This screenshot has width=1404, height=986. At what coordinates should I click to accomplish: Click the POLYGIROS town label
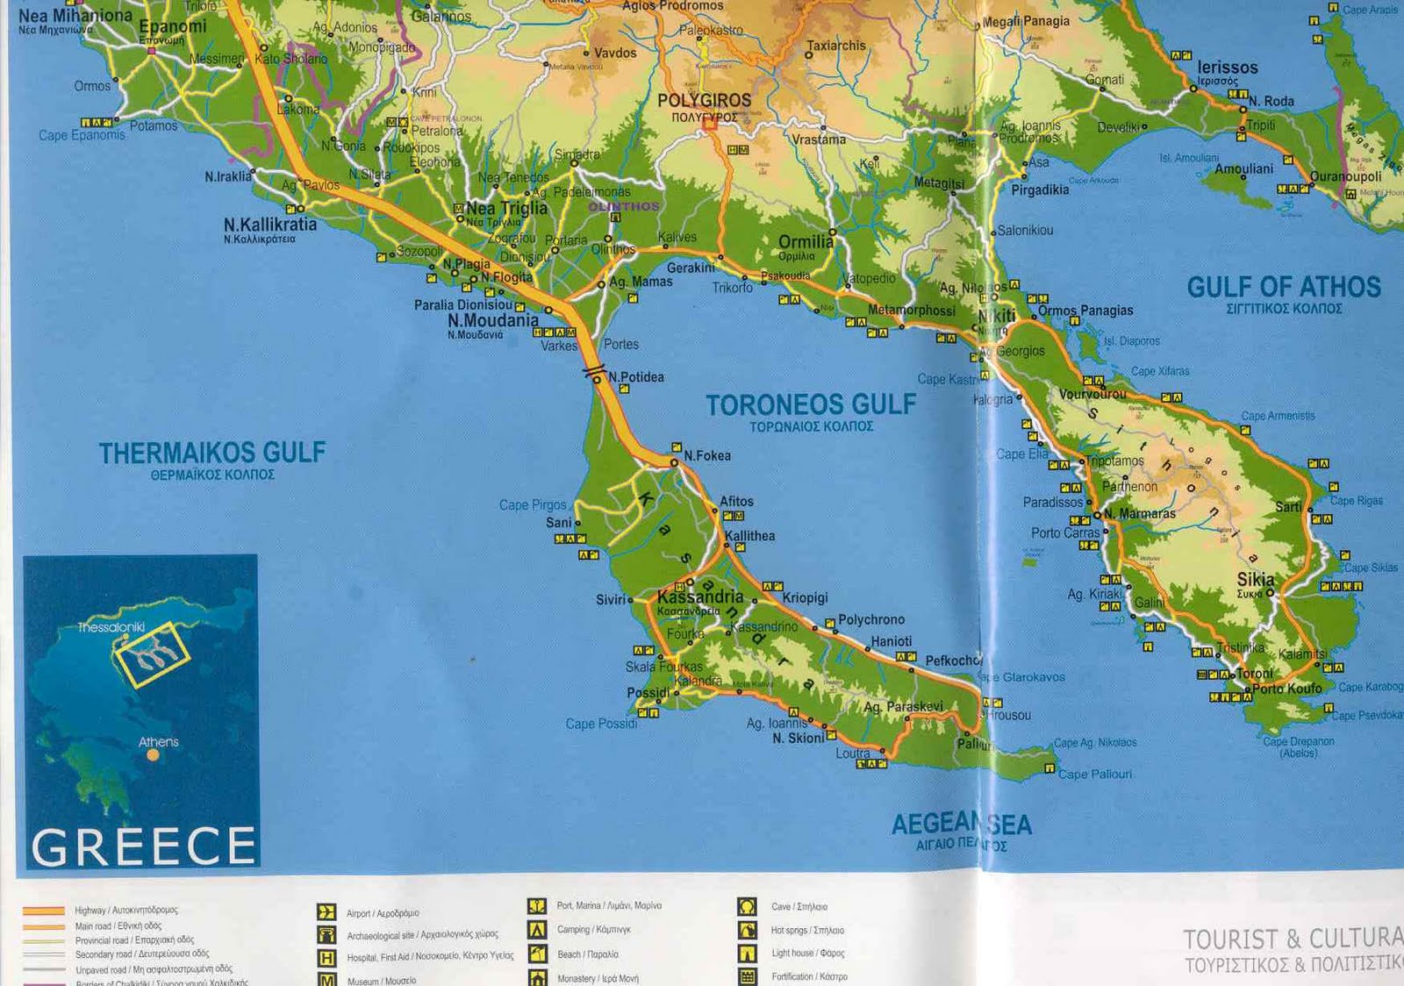tap(704, 101)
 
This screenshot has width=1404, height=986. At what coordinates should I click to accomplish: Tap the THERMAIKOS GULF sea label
tap(211, 453)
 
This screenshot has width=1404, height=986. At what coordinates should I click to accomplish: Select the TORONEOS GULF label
tap(810, 404)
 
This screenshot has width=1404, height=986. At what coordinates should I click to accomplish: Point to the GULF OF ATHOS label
tap(1283, 287)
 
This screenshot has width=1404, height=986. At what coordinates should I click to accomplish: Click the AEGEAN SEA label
tap(961, 824)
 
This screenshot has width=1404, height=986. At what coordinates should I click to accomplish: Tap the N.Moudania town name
tap(492, 320)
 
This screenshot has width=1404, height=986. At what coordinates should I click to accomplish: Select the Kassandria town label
tap(699, 596)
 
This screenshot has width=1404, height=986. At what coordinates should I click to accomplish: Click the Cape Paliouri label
tap(1094, 774)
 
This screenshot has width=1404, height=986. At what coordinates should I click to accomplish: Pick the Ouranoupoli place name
tap(1345, 176)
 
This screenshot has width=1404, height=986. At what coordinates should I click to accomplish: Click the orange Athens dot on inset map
tap(153, 754)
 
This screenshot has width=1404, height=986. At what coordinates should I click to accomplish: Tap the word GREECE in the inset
tap(143, 847)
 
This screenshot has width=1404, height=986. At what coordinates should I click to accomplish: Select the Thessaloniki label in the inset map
tap(111, 627)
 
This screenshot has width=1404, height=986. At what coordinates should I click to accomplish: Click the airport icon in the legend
tap(326, 912)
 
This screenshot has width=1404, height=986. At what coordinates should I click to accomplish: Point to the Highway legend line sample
tap(44, 911)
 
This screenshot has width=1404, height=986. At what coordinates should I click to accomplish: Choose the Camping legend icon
tap(537, 930)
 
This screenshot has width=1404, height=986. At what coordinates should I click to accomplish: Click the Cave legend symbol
tap(747, 906)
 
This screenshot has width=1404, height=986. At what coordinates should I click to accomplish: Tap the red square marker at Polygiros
tap(709, 125)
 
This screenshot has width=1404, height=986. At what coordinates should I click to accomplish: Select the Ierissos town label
tap(1227, 68)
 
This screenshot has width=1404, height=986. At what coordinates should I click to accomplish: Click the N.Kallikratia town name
tap(269, 225)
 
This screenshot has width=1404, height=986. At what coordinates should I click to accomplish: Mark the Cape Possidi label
tap(601, 724)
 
